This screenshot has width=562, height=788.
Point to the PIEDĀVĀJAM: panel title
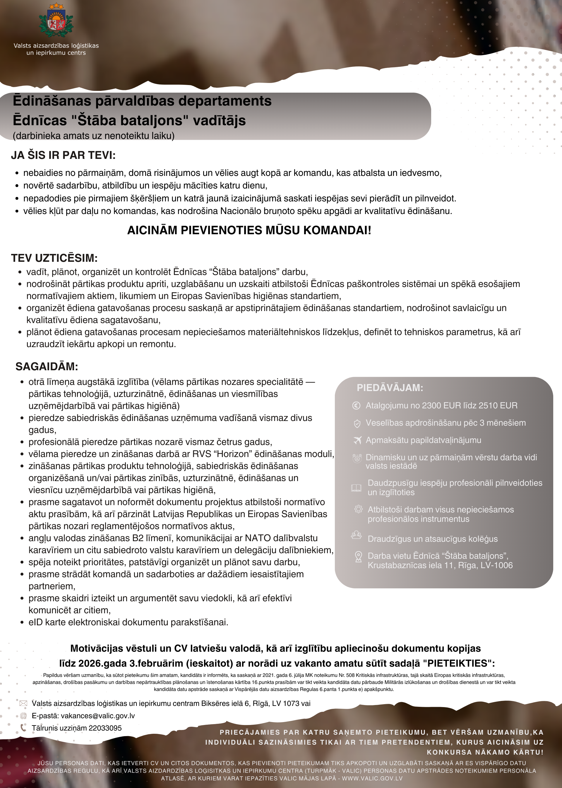pos(390,388)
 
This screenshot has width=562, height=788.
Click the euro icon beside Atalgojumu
pos(356,405)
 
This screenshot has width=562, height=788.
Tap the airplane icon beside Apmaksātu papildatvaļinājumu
pos(357,440)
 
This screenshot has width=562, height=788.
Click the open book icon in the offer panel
pos(356,488)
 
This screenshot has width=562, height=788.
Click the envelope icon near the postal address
pos(23,704)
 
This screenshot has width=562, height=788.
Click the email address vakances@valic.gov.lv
pos(97,716)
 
